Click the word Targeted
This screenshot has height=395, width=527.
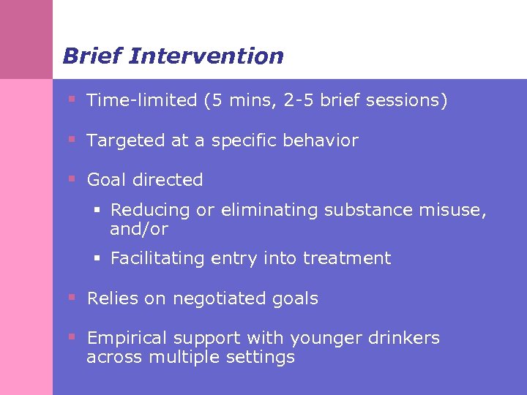(x=126, y=140)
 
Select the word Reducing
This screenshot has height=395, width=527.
(x=150, y=211)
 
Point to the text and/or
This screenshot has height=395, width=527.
(x=138, y=230)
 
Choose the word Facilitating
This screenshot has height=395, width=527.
(x=156, y=258)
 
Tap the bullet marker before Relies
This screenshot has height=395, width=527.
(x=72, y=298)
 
